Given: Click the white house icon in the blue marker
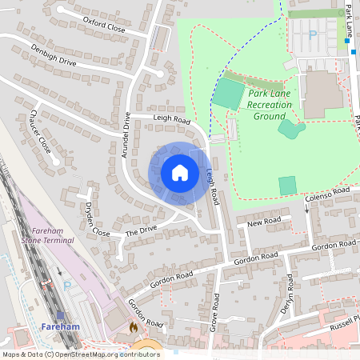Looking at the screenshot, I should point(179,173).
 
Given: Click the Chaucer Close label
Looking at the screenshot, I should point(40,132).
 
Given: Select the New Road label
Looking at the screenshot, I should point(264,221).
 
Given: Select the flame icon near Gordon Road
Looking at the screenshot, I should point(134,327).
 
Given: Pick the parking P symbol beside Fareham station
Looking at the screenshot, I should point(67,285).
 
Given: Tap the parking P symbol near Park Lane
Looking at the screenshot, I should point(313,34).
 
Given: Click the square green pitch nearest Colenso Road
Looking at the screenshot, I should point(287,185).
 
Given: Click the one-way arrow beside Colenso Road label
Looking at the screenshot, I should point(307,209).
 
